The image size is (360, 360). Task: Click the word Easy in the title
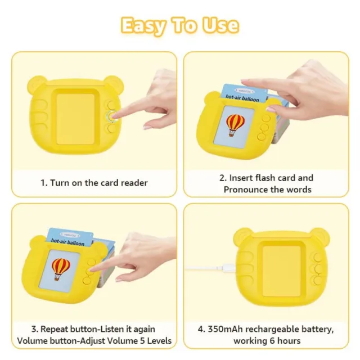coord(143,26)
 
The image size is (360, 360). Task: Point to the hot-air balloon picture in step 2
coord(235,125)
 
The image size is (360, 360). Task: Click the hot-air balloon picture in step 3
coord(61,269)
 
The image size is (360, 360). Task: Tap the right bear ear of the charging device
coord(321,236)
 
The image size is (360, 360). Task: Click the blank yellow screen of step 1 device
coord(75,119)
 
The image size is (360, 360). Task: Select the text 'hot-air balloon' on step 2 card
coord(242,98)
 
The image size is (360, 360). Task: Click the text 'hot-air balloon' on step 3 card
coord(67,242)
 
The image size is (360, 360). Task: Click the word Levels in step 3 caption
coord(159,341)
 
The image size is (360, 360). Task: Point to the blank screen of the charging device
coord(281,271)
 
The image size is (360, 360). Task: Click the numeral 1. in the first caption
coord(44,183)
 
